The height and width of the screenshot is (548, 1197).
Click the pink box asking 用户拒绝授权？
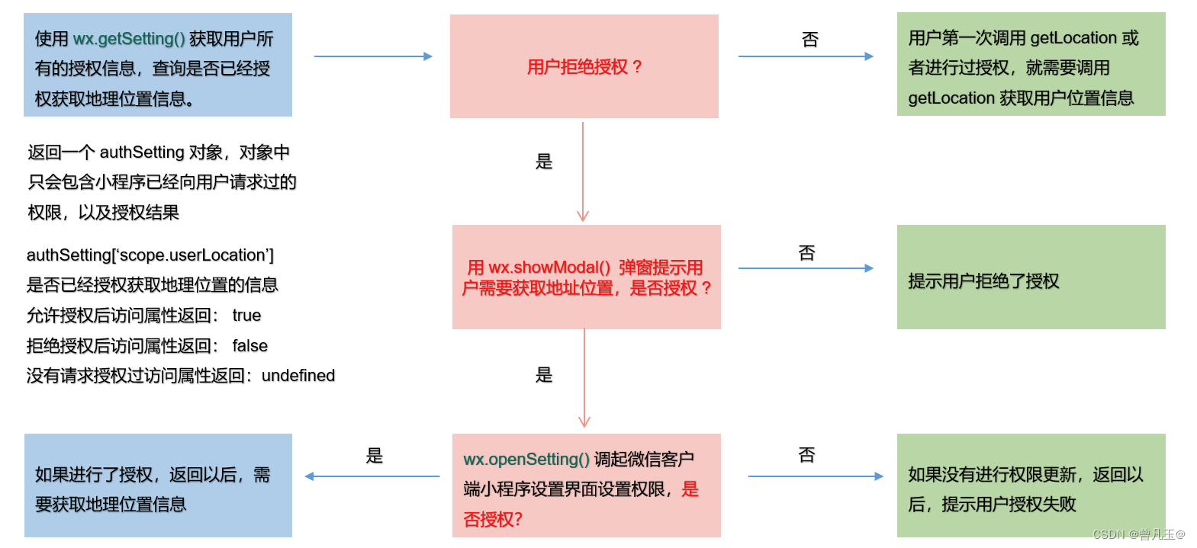[584, 66]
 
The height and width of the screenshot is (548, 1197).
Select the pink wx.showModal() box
[586, 277]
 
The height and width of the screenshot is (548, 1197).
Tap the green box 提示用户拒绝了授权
[1031, 277]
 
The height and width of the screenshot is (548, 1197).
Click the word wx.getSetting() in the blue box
[129, 39]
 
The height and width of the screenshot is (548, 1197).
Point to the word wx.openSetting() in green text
[526, 459]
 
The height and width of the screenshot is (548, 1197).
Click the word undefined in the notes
[298, 376]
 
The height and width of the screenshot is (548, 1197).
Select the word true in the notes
[246, 316]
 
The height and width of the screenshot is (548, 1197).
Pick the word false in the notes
[250, 346]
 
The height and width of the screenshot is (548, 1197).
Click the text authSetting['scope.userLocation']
[150, 255]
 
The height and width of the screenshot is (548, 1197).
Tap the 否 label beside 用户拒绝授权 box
[810, 40]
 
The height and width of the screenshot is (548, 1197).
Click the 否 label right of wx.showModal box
[807, 253]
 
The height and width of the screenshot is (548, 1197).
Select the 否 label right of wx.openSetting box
[807, 455]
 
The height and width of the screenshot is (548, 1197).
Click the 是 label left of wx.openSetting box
[375, 456]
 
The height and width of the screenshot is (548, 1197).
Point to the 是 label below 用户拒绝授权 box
[544, 162]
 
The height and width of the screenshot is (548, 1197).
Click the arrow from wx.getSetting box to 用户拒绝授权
[373, 56]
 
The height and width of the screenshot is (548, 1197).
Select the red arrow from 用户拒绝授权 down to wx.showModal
[583, 171]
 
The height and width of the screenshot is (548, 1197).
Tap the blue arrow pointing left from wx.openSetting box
[372, 476]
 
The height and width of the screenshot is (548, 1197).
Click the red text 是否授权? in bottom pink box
[493, 520]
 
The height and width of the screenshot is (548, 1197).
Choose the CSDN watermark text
[1138, 534]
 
